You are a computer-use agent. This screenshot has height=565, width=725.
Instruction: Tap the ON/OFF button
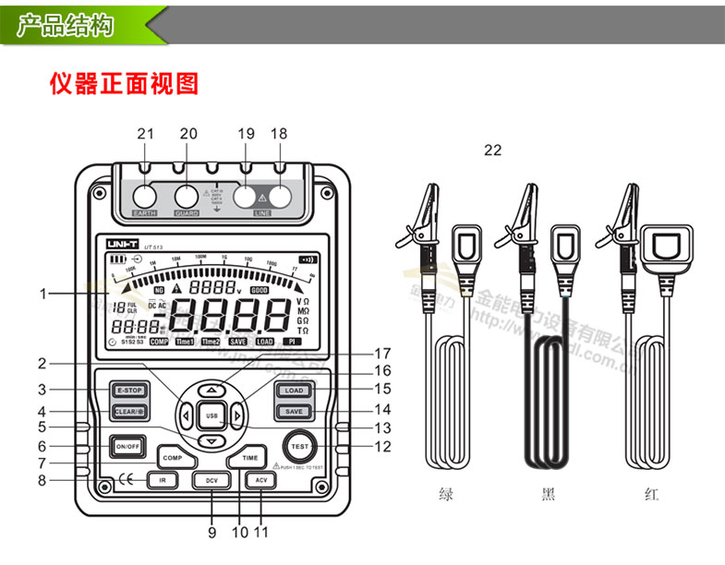pos(127,447)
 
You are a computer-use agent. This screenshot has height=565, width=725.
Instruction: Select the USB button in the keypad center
pos(211,416)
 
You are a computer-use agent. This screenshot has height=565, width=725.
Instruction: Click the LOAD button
pos(293,391)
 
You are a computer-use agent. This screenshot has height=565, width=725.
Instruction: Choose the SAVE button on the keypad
pos(293,411)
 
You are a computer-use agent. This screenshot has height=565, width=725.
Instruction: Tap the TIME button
pos(250,457)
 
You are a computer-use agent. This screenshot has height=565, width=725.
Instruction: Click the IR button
pos(162,480)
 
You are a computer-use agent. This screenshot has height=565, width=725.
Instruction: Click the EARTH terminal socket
pos(145,197)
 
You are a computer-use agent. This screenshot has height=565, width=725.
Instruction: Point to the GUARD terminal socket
pos(187,197)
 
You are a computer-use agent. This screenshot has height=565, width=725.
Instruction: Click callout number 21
pos(145,134)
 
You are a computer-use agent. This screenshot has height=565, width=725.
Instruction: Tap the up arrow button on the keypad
pos(211,390)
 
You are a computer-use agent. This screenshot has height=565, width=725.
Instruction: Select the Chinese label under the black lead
pos(549,495)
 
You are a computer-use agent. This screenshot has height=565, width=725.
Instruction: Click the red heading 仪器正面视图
pos(124,84)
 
